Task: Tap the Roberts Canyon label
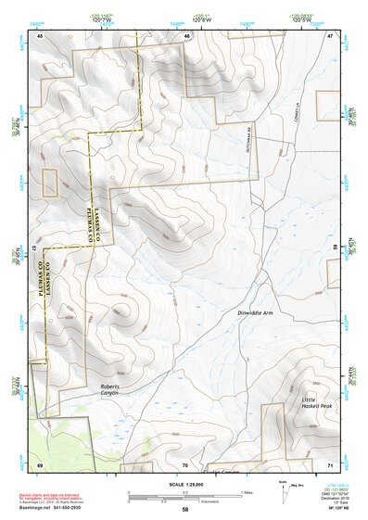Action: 109,388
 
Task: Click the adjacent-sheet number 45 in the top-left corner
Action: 40,35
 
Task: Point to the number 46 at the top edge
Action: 186,35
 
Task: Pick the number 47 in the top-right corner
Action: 330,35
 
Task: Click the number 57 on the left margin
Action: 35,248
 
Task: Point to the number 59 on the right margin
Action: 335,248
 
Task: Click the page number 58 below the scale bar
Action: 184,509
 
